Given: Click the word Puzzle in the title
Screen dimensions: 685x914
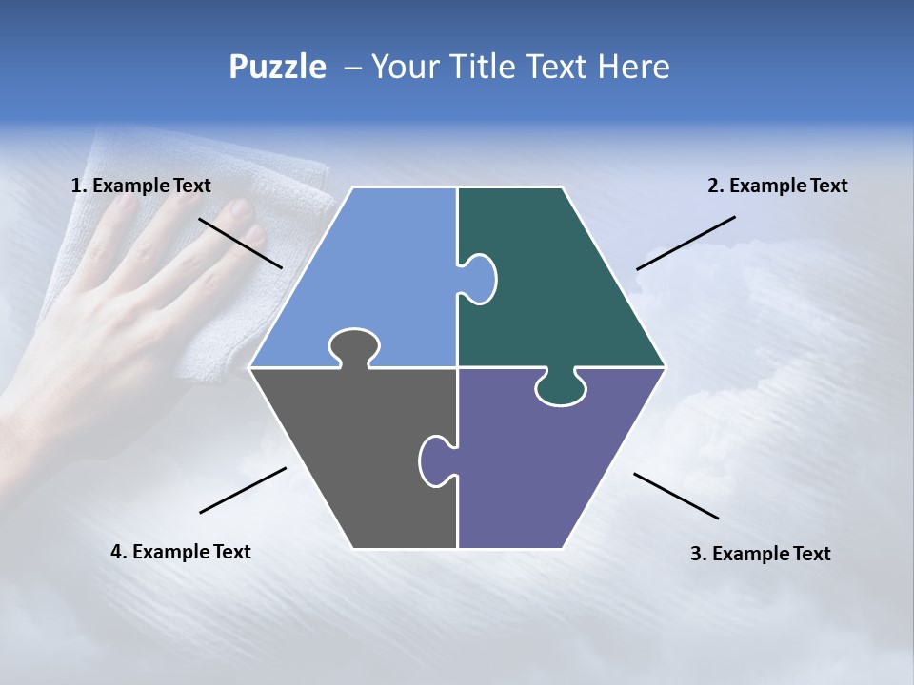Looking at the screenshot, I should coord(277,67).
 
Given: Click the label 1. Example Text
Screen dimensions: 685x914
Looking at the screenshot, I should coord(141,186).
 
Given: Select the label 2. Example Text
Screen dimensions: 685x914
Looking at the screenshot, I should coord(777,186).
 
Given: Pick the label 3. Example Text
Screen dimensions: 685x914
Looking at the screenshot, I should coord(760,554).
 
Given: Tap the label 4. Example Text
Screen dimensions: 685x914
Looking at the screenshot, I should coord(181,552).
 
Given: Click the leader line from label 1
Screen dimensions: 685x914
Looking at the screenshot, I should coord(240,243).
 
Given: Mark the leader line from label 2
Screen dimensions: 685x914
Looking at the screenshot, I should coord(685,243).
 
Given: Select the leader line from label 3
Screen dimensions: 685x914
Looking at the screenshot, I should coord(676,496).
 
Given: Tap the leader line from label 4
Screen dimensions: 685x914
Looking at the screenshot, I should coord(243,490).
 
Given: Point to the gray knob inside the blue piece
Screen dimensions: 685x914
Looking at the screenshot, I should coord(353,345).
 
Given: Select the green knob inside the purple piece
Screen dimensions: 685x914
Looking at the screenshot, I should coord(560,388).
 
